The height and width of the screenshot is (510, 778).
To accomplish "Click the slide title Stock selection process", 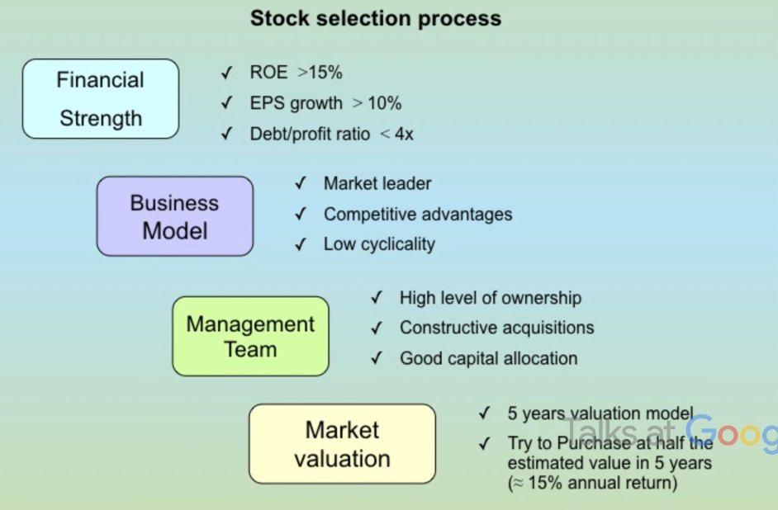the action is point(376,17).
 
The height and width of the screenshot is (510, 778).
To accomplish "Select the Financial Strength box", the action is point(100,99).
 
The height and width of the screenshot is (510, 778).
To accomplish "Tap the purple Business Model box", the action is point(174,216).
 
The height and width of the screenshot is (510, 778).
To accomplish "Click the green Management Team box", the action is point(250,336).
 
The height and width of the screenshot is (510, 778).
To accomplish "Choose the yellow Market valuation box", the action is point(342,443).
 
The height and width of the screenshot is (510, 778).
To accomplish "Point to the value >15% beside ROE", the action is point(320,73).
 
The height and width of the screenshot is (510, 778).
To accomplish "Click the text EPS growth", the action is point(296,103).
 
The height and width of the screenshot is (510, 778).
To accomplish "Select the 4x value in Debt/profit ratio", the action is point(404,134).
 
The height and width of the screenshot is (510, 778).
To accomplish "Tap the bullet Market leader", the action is point(377,183).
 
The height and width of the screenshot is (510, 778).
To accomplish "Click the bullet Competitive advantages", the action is point(418,214).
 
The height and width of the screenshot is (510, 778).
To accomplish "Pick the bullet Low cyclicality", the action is point(379,244).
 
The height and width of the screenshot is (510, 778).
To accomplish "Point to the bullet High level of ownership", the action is point(491,298).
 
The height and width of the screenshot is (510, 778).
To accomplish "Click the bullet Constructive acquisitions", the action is point(496,328).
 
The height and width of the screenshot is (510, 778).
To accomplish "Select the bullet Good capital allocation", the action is point(488,358).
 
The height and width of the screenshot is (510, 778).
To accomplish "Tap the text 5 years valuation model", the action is point(600,413).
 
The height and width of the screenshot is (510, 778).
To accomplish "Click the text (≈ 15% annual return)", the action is point(592,483).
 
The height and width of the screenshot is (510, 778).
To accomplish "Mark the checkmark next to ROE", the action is point(226,73).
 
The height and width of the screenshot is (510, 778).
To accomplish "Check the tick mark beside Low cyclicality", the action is point(301,244).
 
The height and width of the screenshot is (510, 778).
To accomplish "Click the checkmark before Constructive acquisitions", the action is point(377,328).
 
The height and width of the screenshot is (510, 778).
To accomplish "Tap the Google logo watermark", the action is point(731,432).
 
